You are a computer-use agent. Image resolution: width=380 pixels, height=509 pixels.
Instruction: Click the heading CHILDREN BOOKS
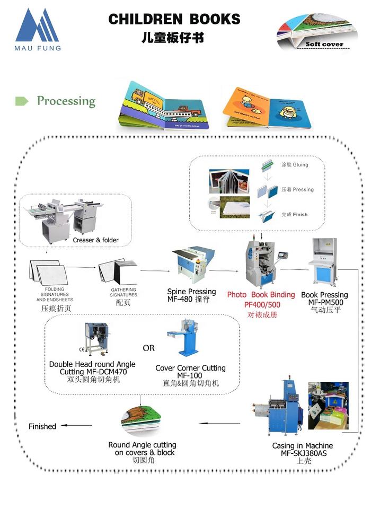(x=174, y=20)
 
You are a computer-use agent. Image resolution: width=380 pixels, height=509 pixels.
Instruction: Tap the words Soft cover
(x=324, y=45)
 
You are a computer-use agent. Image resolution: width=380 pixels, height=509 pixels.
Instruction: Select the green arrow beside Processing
(x=22, y=101)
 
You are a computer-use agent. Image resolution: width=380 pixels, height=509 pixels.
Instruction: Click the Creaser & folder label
(x=96, y=240)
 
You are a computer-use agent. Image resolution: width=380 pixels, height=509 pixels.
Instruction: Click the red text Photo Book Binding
(x=261, y=295)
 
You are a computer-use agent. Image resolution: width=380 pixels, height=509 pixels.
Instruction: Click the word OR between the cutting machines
(x=149, y=348)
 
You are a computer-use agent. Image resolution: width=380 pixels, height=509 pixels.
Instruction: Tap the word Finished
(x=42, y=426)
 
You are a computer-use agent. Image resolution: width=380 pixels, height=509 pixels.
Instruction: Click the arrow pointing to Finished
(x=77, y=425)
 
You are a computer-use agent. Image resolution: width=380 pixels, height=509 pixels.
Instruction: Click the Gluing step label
(x=294, y=165)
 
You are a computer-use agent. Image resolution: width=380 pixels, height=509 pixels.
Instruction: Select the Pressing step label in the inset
(x=297, y=189)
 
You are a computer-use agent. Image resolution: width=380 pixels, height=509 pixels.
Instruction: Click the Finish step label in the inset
(x=294, y=214)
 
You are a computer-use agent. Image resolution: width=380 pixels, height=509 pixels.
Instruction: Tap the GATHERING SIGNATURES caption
(x=123, y=292)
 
